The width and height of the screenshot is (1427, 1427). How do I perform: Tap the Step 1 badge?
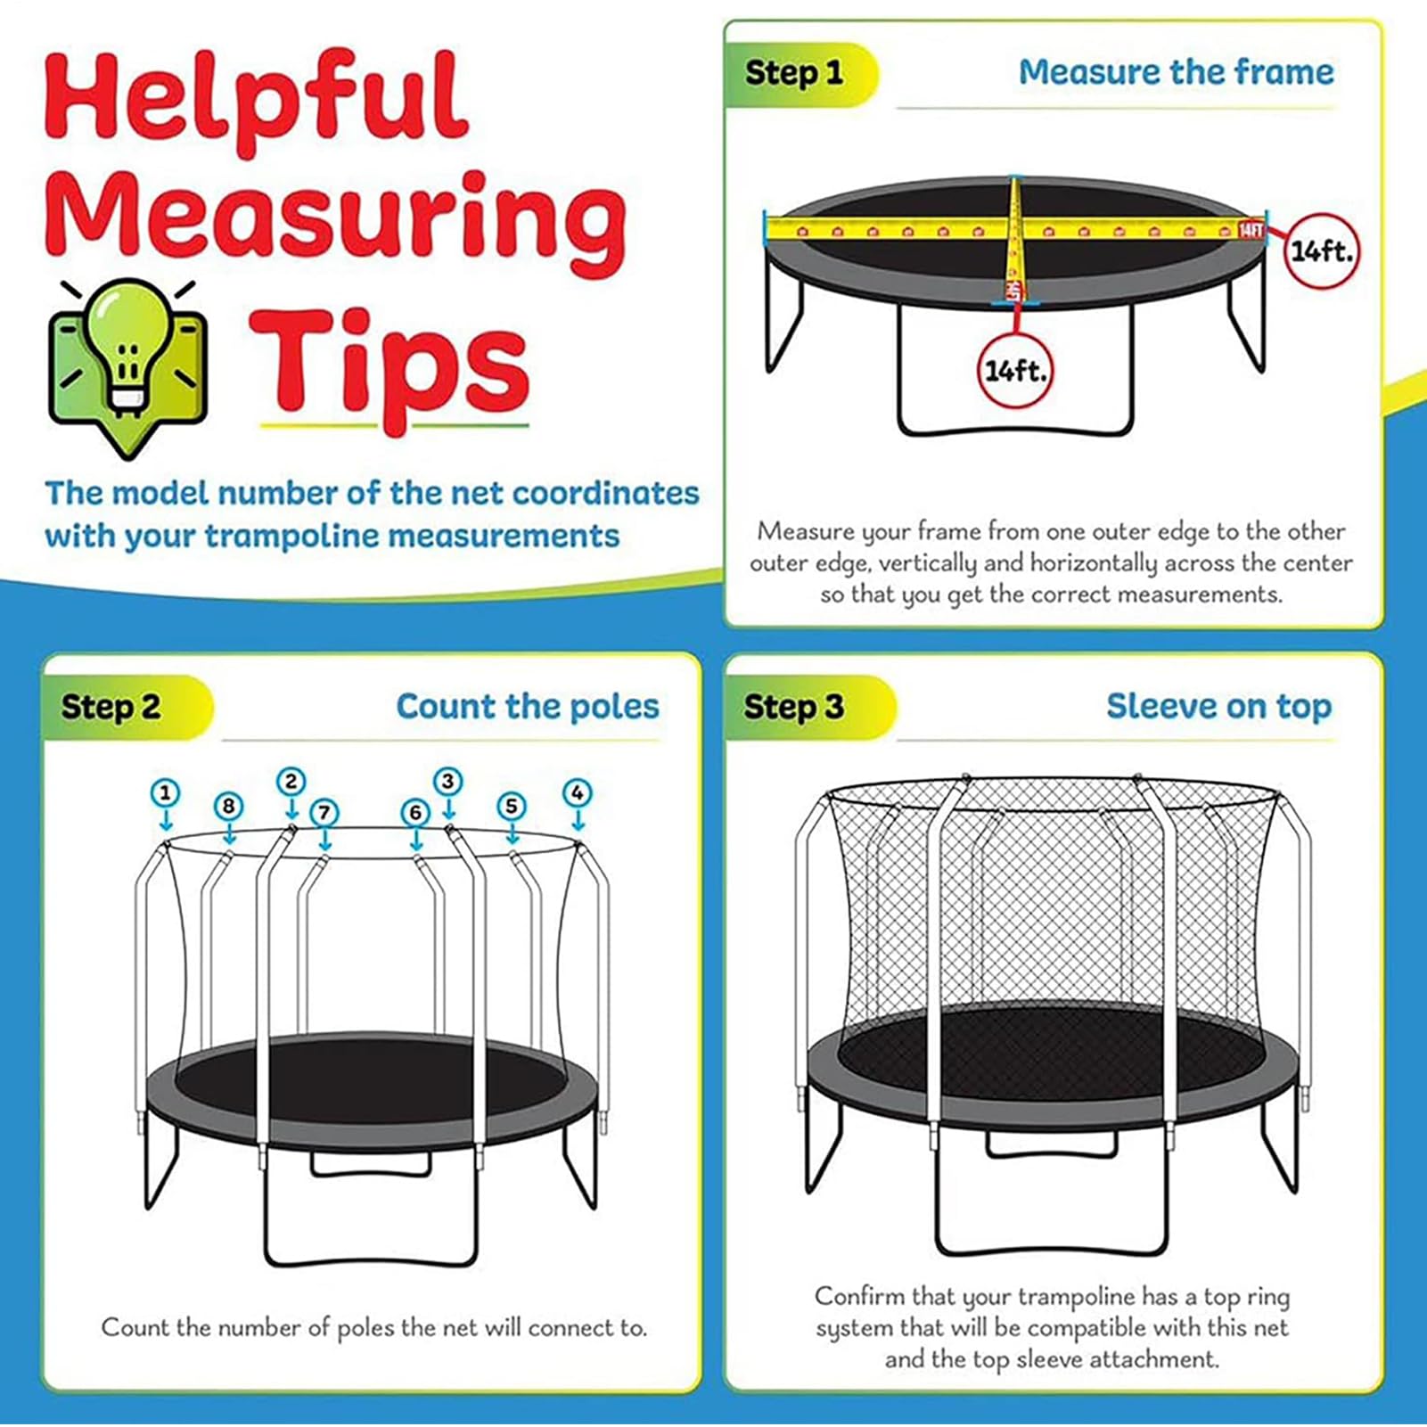click(x=796, y=73)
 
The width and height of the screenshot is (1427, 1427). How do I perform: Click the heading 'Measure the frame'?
click(x=1176, y=72)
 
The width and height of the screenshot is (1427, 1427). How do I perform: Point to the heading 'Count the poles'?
click(x=528, y=706)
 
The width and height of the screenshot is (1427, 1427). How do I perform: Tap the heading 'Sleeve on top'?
click(x=1218, y=706)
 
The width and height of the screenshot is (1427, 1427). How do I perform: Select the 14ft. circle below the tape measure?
click(x=1015, y=370)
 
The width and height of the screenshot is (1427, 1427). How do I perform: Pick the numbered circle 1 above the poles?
click(x=165, y=792)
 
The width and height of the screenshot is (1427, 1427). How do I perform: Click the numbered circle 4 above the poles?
click(x=578, y=792)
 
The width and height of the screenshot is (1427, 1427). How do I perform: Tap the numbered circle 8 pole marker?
click(x=229, y=807)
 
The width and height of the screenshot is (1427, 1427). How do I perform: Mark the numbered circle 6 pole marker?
click(x=415, y=812)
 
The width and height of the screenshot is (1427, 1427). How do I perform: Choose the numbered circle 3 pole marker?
click(x=448, y=782)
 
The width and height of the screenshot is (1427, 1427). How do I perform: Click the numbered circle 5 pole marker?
click(x=512, y=807)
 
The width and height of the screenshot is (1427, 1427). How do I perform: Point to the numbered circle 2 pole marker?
click(x=291, y=782)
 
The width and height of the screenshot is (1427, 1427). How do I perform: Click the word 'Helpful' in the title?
click(x=257, y=104)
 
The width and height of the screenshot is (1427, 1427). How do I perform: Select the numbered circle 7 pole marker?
click(x=324, y=812)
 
